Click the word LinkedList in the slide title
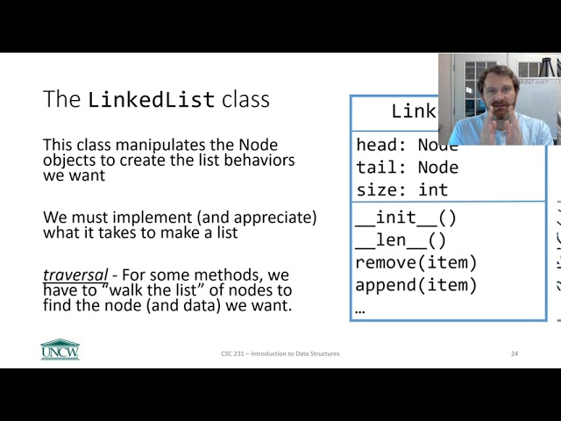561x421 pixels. click(x=152, y=99)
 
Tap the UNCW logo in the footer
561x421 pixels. click(x=60, y=349)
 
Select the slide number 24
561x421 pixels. click(x=515, y=353)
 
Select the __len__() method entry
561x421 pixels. click(x=401, y=240)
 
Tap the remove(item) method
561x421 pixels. click(x=416, y=262)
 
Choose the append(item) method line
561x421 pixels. click(x=416, y=285)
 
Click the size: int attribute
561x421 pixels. click(x=401, y=189)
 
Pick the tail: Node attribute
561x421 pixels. click(x=407, y=167)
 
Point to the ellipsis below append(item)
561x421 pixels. click(x=360, y=309)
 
